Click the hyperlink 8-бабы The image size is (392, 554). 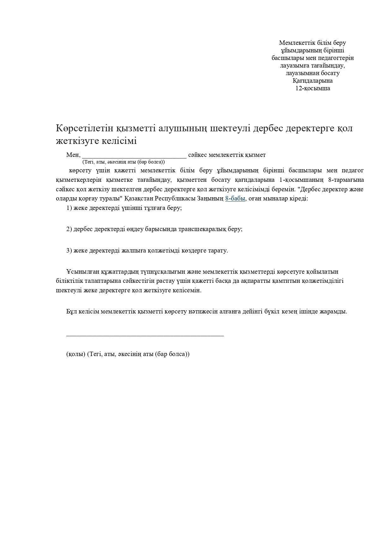pos(235,199)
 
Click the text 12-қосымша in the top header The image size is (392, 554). pos(312,88)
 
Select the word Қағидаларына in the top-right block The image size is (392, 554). pos(312,81)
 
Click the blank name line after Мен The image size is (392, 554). pos(134,156)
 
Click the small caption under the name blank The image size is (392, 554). pos(124,162)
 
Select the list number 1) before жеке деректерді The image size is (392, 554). pos(69,208)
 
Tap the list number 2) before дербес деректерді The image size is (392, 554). pos(69,229)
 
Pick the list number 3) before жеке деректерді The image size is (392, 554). pos(69,251)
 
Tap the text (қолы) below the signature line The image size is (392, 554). pos(76,354)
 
